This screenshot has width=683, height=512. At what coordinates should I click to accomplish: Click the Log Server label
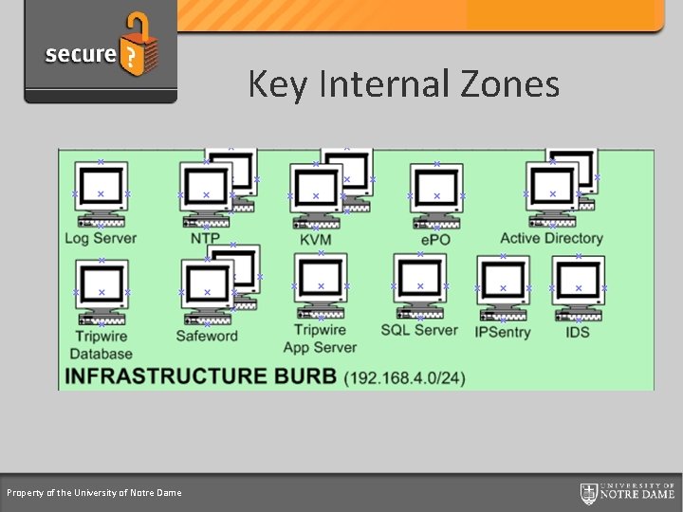tap(101, 239)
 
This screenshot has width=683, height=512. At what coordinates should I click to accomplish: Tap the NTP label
tap(205, 239)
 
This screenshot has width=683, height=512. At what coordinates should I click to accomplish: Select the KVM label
tap(315, 240)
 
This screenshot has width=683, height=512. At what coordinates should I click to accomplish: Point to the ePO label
tap(435, 240)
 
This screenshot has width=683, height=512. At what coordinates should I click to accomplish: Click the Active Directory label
tap(551, 239)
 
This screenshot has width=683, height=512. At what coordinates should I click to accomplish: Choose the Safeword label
tap(207, 336)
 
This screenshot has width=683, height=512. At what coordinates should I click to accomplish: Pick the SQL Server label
tap(419, 330)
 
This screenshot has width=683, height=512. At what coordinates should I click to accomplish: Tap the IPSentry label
tap(503, 332)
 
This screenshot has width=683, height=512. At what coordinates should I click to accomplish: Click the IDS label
tap(578, 332)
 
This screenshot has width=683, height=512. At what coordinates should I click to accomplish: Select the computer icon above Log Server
tap(101, 193)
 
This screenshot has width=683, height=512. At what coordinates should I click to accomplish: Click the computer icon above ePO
tap(436, 195)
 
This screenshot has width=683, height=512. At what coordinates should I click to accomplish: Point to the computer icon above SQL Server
tap(419, 285)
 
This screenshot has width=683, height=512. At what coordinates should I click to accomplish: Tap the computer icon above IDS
tap(579, 288)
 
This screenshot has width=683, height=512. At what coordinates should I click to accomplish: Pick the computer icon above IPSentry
tap(503, 288)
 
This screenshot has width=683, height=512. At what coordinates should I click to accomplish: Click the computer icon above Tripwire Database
tap(102, 291)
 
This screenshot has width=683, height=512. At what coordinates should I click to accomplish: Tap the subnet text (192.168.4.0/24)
tap(405, 377)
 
